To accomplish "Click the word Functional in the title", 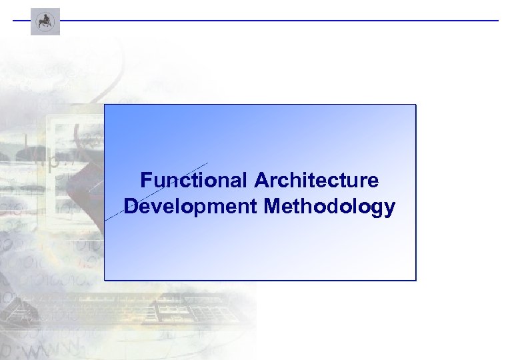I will coord(194,181).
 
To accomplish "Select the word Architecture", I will coord(316,181).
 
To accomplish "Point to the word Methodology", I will coord(329,207).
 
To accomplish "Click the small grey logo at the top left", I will coord(45,21).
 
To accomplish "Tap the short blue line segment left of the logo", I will coord(21,21).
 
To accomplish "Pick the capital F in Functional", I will coord(146,181).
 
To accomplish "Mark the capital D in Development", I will coord(131,207).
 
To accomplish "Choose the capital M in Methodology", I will coord(273,207).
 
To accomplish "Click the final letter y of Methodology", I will coord(389,209).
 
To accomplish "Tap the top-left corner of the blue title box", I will coord(105,105).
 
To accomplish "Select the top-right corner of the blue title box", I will coord(415,105).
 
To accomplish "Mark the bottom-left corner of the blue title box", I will coord(105,279).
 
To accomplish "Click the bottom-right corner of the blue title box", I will coord(415,279).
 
